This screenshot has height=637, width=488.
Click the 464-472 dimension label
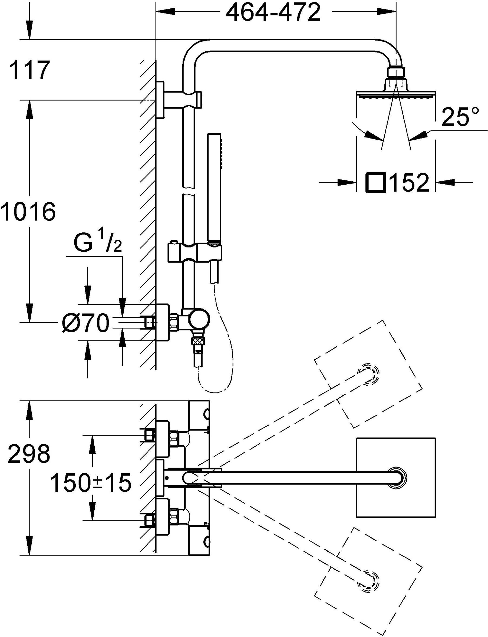[273, 13]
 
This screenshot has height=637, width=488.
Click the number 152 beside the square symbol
[409, 183]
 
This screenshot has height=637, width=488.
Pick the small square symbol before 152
[375, 183]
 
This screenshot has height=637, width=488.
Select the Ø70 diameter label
[85, 323]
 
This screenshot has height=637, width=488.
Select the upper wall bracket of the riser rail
[160, 100]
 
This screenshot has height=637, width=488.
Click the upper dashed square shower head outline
[368, 374]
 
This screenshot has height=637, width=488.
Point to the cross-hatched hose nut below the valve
[198, 341]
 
